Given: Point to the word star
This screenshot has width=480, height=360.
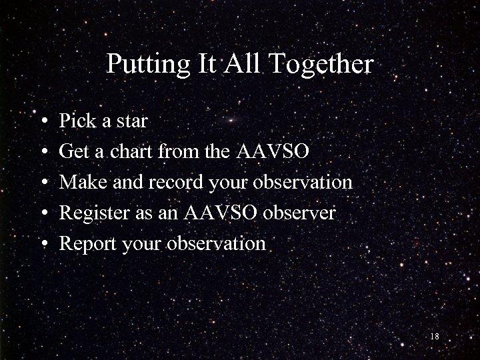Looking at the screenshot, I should (131, 121).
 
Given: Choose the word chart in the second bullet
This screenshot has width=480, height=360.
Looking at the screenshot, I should (133, 151).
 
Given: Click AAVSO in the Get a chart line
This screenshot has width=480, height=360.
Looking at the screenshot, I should (273, 151).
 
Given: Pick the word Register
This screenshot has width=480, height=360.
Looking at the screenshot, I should (91, 213).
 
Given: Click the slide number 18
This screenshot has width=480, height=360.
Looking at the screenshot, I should (435, 337).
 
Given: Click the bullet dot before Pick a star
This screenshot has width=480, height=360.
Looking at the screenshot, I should (43, 122).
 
